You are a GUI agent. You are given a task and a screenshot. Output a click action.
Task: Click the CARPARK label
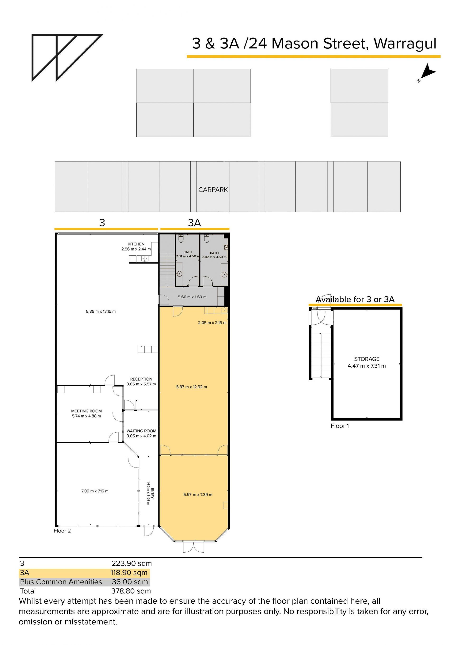[213, 190]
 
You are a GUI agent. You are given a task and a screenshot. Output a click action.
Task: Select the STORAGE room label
[367, 359]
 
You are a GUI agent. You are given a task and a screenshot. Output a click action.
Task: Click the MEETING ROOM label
[86, 411]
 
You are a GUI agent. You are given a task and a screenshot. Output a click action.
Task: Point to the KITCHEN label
[136, 244]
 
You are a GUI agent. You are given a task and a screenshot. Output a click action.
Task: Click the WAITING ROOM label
[141, 431]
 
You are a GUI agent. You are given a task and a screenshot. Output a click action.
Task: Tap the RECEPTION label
[141, 379]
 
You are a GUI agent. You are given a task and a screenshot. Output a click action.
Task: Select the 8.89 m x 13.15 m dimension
[101, 311]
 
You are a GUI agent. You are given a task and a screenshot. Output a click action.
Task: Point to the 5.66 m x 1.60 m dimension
[192, 297]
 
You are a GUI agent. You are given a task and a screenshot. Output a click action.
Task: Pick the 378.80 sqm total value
[131, 591]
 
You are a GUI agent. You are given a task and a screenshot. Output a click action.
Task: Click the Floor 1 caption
[340, 426]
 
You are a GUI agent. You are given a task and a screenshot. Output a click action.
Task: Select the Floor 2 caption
[62, 531]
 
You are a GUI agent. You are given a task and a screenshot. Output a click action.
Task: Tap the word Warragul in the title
[405, 44]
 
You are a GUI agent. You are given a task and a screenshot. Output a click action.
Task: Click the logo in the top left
[67, 58]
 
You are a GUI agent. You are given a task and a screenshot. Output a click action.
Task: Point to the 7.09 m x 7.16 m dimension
[95, 491]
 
